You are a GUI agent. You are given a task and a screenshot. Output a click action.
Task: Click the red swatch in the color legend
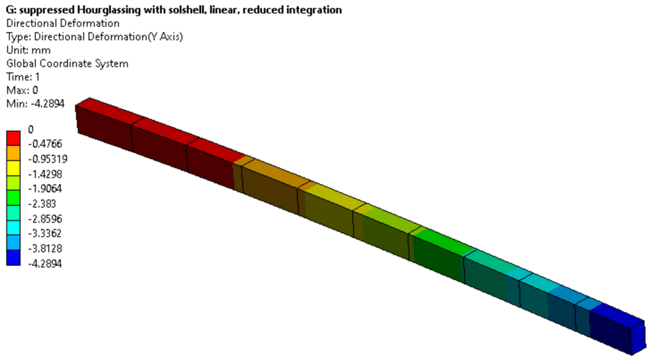click(x=14, y=138)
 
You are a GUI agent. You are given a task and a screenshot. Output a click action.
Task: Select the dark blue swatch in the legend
click(x=14, y=258)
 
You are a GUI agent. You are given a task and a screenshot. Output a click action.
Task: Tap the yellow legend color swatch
click(x=14, y=168)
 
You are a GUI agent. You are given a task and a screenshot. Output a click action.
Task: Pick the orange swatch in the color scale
click(x=14, y=153)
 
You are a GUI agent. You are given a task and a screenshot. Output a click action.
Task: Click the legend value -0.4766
click(x=45, y=143)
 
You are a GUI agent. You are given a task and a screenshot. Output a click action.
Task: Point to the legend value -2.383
click(x=42, y=204)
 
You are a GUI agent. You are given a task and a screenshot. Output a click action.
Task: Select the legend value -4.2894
click(x=45, y=264)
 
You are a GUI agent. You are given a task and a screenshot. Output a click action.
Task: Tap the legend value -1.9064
click(x=45, y=189)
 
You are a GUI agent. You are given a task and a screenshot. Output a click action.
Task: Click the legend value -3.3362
click(x=45, y=233)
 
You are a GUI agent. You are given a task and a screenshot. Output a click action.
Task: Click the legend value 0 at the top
click(x=30, y=129)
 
